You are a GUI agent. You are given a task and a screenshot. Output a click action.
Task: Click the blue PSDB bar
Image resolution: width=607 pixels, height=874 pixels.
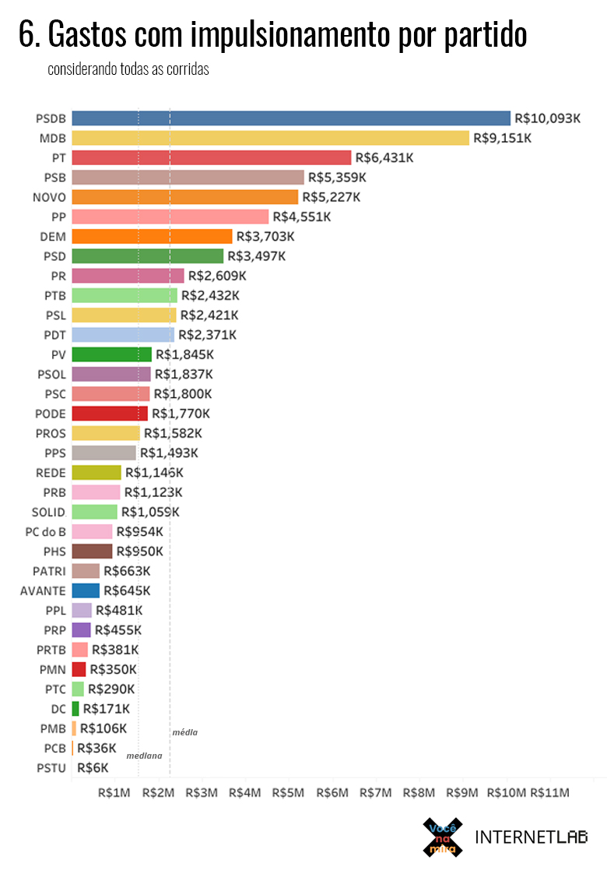291,118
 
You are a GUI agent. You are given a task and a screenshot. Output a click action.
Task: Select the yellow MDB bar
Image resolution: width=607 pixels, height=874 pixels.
270,138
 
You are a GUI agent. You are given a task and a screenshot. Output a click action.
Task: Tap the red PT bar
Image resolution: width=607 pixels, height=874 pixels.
211,157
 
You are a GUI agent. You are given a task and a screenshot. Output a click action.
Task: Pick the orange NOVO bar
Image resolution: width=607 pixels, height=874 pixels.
184,197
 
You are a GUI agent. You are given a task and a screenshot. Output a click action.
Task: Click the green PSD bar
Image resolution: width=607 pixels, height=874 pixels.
147,256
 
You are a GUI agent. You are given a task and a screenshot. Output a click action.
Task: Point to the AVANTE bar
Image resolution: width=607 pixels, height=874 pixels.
86,590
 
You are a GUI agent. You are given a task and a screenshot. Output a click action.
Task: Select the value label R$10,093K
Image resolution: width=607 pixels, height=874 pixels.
548,118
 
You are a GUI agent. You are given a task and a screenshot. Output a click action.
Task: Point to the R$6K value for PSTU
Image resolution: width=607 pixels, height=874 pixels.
93,767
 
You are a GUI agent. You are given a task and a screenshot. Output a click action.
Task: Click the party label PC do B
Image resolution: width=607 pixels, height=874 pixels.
45,531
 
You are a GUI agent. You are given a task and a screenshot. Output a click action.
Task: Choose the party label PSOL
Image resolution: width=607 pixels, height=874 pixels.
51,374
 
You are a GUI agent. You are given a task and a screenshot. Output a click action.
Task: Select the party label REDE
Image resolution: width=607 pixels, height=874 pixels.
51,472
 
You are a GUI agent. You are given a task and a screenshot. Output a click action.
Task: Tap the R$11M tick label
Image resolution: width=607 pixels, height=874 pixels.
549,792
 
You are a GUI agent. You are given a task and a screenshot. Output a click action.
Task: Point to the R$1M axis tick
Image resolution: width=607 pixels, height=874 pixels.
114,792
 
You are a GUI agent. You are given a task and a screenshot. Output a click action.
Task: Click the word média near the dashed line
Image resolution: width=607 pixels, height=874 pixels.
184,732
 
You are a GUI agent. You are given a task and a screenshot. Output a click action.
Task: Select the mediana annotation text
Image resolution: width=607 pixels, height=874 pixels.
144,756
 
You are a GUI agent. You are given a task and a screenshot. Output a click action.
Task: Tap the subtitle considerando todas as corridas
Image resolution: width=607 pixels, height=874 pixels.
128,69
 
